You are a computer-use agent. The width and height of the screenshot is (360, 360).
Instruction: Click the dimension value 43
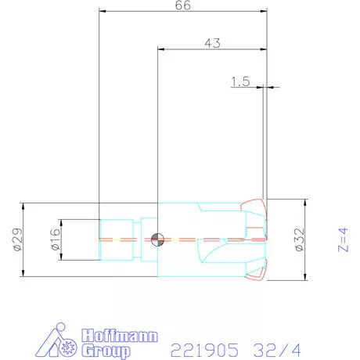(x=211, y=44)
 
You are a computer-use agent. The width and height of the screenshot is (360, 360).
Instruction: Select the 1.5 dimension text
(x=241, y=81)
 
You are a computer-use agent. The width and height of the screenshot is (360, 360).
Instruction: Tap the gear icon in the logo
(x=68, y=344)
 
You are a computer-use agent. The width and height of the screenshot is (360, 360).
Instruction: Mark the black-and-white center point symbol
(x=158, y=239)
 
